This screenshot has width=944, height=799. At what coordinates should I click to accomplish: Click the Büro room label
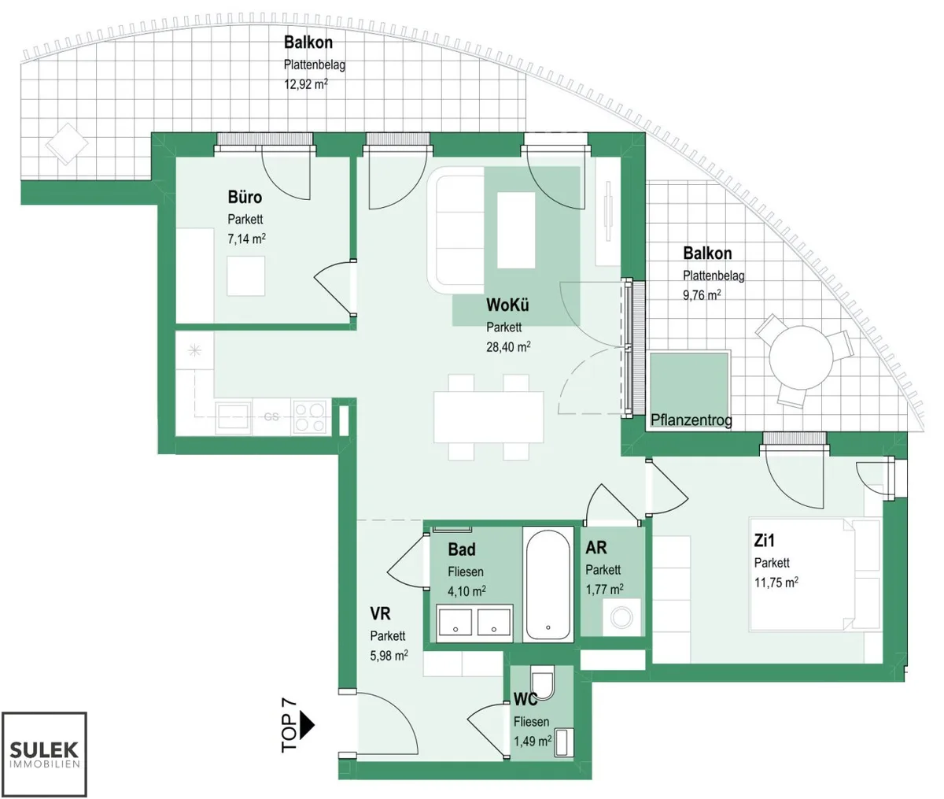pyautogui.click(x=245, y=198)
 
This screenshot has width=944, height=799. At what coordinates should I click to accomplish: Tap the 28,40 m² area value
pyautogui.click(x=508, y=347)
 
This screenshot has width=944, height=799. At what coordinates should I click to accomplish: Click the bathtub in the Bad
pyautogui.click(x=548, y=585)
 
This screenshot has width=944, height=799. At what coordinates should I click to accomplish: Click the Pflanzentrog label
pyautogui.click(x=691, y=420)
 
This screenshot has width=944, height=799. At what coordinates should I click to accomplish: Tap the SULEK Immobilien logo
pyautogui.click(x=44, y=754)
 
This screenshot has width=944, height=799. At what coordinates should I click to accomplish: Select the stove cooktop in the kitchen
pyautogui.click(x=311, y=417)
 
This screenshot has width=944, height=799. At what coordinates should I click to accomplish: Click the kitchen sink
pyautogui.click(x=233, y=417)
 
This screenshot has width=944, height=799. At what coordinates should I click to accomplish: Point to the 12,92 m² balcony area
pyautogui.click(x=306, y=84)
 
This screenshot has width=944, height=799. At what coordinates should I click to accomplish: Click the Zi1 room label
pyautogui.click(x=764, y=541)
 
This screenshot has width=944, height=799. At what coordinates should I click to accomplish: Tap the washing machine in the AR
pyautogui.click(x=621, y=618)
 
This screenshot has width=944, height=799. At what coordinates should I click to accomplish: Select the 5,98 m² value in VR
pyautogui.click(x=389, y=656)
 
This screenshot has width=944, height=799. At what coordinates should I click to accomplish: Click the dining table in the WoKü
pyautogui.click(x=489, y=417)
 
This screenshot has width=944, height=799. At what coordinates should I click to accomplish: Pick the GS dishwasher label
pyautogui.click(x=271, y=417)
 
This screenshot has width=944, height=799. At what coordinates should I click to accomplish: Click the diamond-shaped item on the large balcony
pyautogui.click(x=67, y=143)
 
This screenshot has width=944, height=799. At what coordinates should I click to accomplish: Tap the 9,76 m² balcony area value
pyautogui.click(x=702, y=295)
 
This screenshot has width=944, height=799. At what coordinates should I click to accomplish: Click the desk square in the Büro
pyautogui.click(x=246, y=276)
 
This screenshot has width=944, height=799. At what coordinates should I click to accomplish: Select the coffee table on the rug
pyautogui.click(x=516, y=230)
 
